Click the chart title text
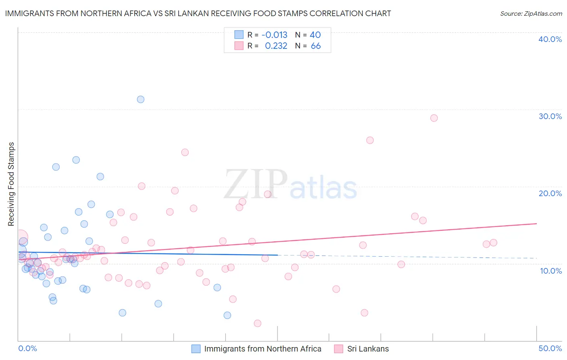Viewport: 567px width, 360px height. (x=198, y=13)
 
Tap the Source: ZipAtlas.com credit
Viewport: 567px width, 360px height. (x=531, y=13)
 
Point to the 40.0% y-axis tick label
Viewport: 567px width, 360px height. (x=550, y=39)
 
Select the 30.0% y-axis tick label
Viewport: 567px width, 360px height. (x=550, y=116)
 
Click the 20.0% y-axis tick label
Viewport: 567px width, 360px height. (x=550, y=193)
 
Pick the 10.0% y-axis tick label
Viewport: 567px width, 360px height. (x=551, y=271)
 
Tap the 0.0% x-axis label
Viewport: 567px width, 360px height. (x=27, y=348)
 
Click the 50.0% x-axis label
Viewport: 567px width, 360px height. (x=550, y=348)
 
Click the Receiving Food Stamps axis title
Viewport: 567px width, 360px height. (x=11, y=184)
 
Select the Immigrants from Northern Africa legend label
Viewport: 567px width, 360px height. (x=263, y=349)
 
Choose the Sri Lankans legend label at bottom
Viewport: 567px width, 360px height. (x=368, y=349)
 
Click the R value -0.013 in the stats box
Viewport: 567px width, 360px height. (x=274, y=35)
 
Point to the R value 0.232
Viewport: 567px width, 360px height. (x=276, y=46)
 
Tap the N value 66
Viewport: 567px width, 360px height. (x=316, y=46)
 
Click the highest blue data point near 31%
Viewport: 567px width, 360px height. (x=140, y=99)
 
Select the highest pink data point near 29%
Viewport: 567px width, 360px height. (x=434, y=118)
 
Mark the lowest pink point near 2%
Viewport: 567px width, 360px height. (x=258, y=323)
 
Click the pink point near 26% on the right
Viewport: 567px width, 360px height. (x=370, y=140)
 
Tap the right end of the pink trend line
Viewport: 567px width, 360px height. (x=536, y=223)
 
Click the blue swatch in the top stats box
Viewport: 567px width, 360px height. (x=239, y=35)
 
